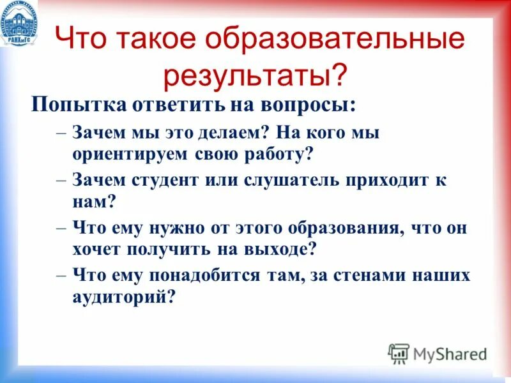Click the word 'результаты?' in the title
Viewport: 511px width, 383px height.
coord(256,75)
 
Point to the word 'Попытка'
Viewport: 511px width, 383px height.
coord(72,104)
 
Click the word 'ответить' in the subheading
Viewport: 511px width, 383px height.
coord(166,104)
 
